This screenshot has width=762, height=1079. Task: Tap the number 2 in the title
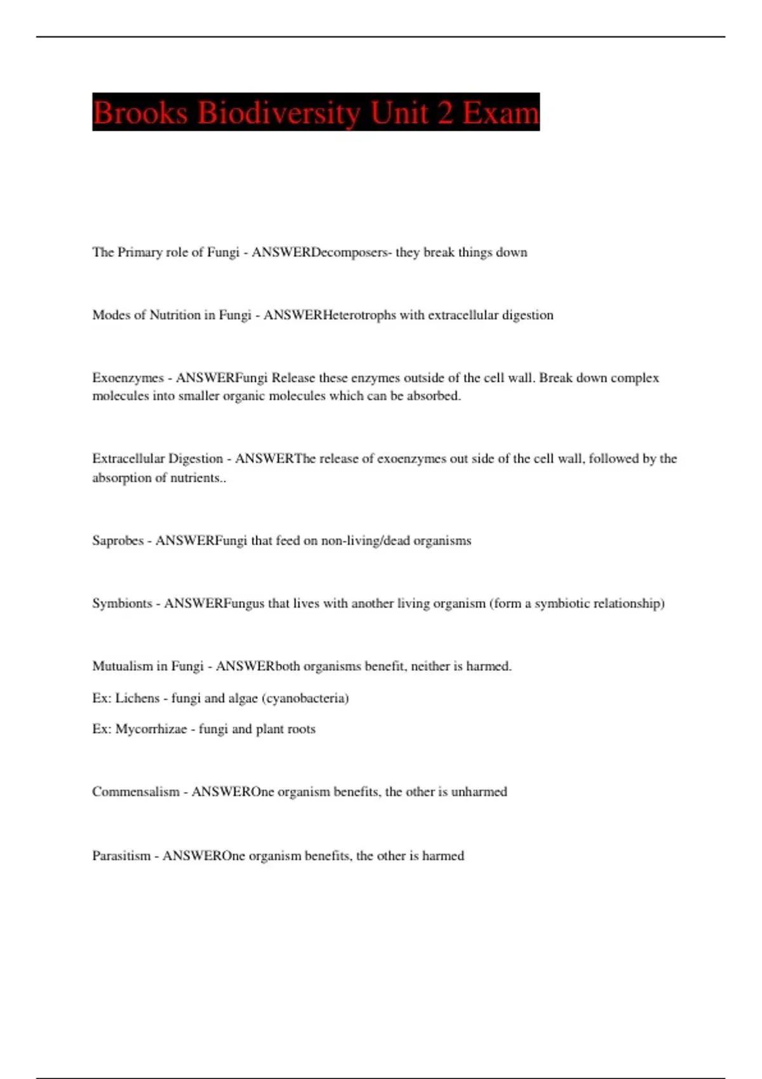pos(444,112)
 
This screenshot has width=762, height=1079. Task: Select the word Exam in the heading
pos(501,112)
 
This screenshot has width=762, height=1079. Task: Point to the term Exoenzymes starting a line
pos(128,378)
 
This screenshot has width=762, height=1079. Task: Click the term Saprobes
pos(117,541)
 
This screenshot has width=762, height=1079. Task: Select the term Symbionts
pos(122,603)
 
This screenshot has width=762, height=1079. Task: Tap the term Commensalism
pos(135,791)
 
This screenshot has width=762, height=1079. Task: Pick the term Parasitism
pos(121,856)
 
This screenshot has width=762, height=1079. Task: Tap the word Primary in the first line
pos(140,252)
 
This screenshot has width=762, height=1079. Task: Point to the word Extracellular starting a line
pos(128,459)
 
